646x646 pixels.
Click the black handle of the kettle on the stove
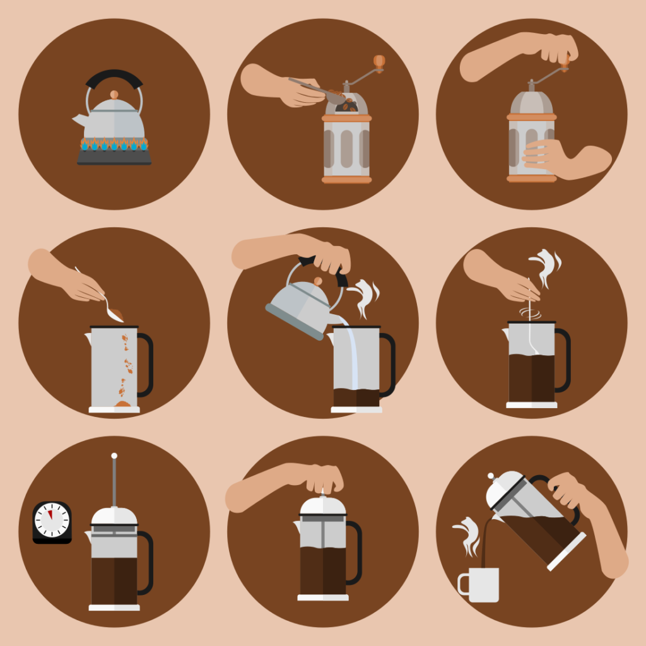click(114, 78)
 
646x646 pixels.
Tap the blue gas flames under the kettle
click(114, 145)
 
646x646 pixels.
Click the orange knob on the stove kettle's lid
click(114, 95)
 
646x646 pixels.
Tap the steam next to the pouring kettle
click(364, 297)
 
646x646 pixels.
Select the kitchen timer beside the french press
click(52, 522)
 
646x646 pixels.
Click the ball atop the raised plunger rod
click(114, 455)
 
